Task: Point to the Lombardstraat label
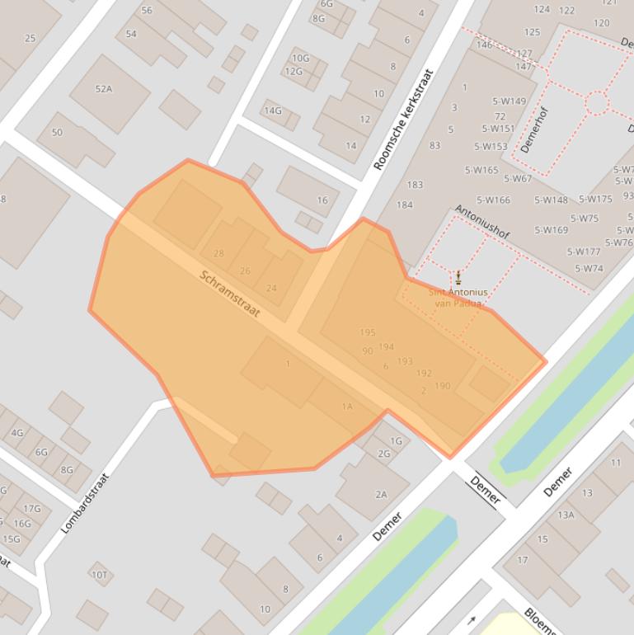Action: point(86,502)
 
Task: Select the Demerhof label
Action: point(533,129)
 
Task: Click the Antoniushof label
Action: point(482,222)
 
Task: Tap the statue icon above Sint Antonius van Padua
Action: point(458,276)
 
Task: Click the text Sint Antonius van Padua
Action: point(458,298)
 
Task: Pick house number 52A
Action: point(103,89)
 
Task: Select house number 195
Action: point(368,333)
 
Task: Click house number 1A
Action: point(347,407)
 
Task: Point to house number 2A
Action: point(381,495)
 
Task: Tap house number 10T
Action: point(99,575)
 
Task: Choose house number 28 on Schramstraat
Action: point(218,254)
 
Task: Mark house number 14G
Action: point(273,111)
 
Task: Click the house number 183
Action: point(415,185)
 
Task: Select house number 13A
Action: point(566,515)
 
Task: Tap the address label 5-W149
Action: point(510,102)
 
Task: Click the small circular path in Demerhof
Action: point(597,103)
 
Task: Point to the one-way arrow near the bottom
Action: point(472,620)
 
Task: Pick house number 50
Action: point(57,132)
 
